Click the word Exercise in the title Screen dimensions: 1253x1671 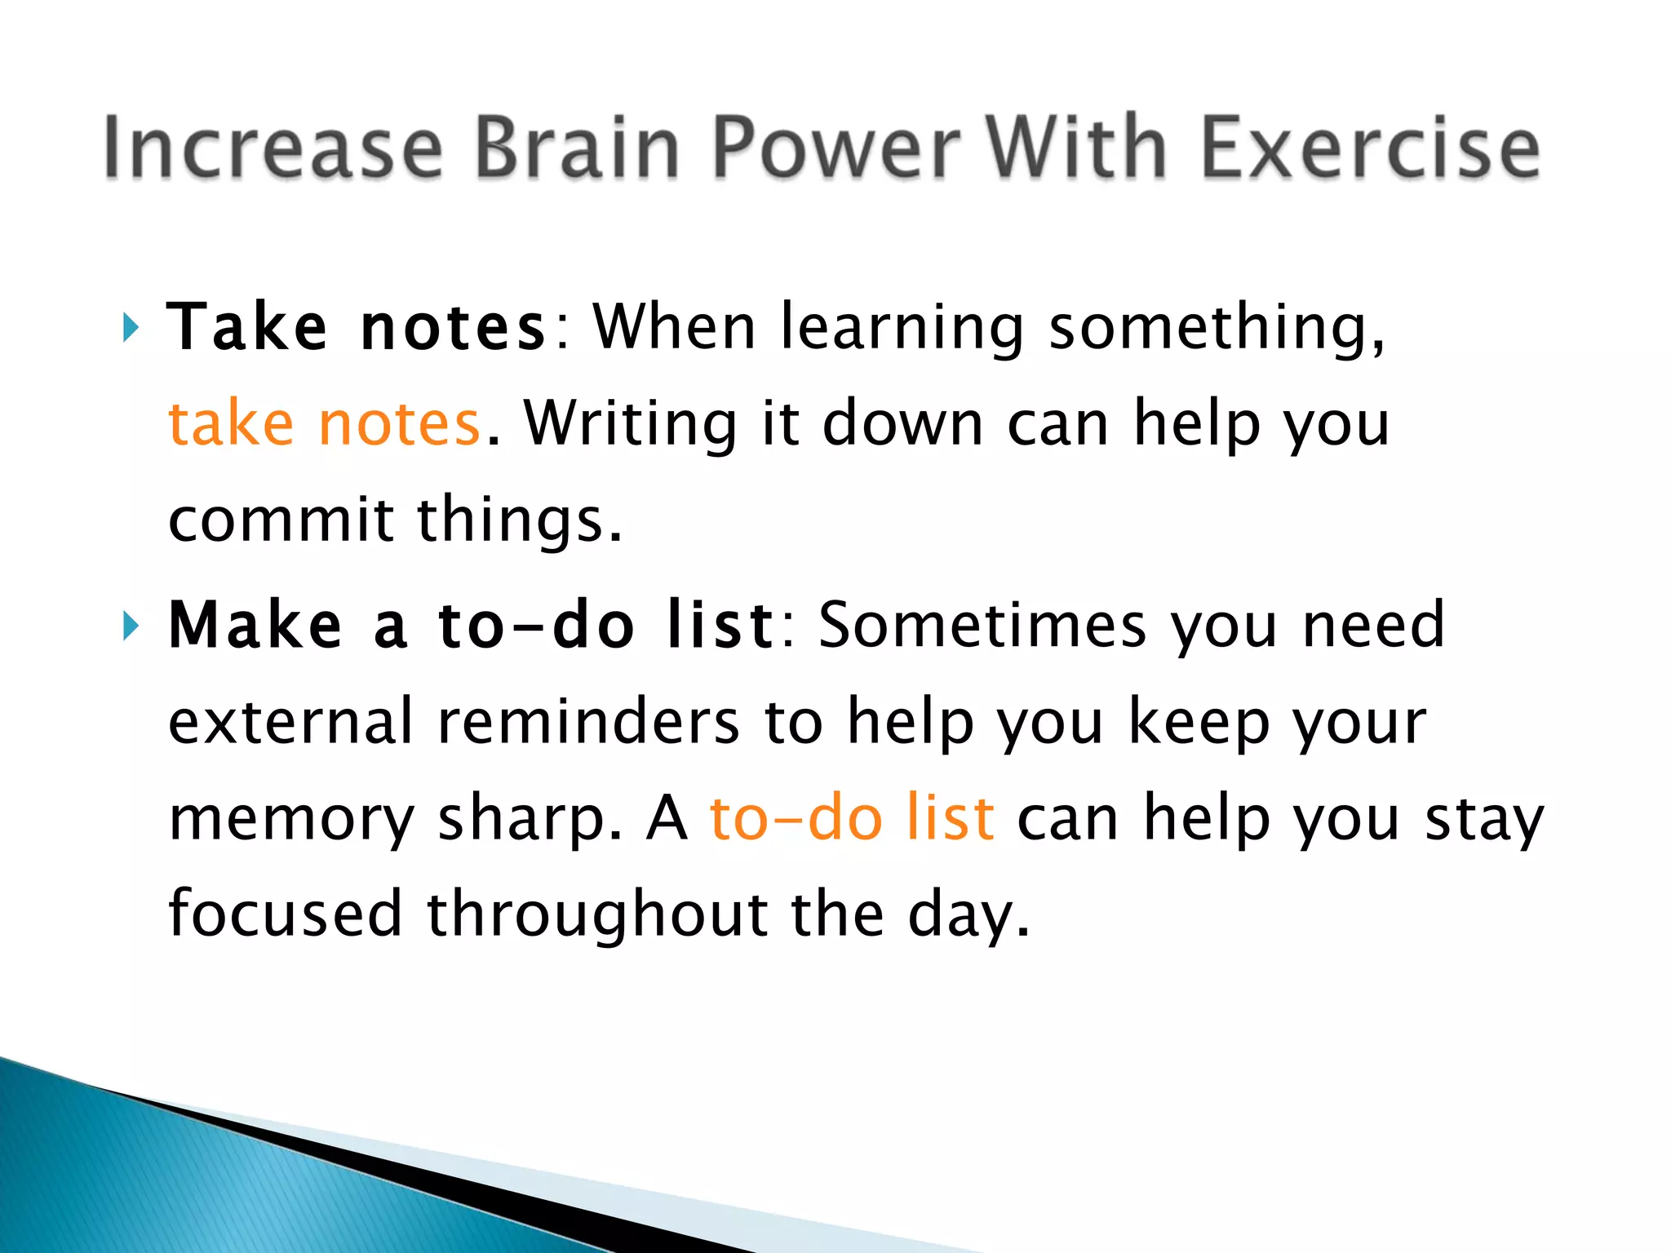pos(1370,148)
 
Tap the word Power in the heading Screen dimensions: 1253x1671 pos(835,148)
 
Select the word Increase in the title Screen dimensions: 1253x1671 pos(273,148)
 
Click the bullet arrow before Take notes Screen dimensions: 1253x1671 pos(130,328)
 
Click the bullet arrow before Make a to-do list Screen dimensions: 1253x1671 pos(130,626)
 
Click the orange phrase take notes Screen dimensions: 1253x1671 pos(324,424)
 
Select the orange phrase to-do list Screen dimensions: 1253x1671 pos(852,818)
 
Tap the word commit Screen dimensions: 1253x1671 pos(281,520)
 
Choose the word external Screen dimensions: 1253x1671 pos(290,722)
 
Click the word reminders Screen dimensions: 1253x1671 pos(588,722)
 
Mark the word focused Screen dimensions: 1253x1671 pos(285,914)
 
